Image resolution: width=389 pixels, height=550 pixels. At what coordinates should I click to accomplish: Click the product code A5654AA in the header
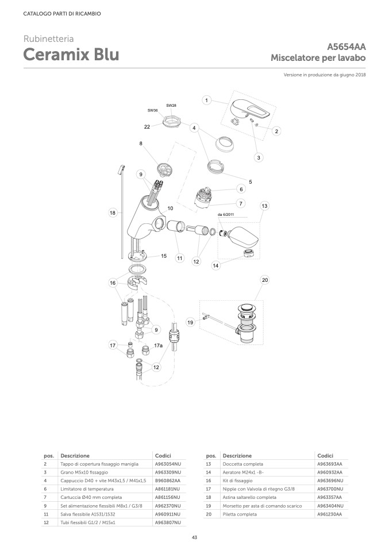coord(346,47)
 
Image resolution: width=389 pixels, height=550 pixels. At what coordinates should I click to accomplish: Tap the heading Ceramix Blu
coord(71,55)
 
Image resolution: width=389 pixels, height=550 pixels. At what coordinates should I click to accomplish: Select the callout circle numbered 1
coord(206,100)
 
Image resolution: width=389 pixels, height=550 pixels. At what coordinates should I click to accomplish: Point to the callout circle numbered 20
coord(265,280)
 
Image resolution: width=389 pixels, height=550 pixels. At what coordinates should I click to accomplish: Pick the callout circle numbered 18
coord(113,213)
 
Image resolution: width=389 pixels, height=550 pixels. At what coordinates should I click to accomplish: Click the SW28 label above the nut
coord(171,106)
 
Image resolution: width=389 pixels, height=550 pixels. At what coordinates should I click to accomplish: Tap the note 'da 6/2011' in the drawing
coord(226,215)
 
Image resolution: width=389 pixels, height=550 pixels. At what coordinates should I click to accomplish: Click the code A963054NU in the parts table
coord(168,463)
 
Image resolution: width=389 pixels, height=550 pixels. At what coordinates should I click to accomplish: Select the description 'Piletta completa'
coord(239,514)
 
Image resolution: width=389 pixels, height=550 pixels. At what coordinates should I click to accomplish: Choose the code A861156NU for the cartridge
coord(168,497)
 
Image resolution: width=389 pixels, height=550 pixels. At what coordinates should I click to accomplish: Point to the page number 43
coord(194,537)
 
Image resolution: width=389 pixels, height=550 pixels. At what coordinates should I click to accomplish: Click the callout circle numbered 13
coord(264,206)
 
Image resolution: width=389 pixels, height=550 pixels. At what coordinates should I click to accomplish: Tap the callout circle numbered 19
coord(191,323)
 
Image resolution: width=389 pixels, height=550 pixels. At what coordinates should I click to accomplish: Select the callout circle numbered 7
coord(241,203)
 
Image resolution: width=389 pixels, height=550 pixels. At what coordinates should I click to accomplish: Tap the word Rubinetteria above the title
coord(48,39)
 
